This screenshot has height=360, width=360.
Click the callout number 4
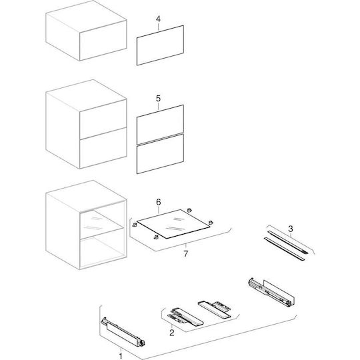click(x=158, y=19)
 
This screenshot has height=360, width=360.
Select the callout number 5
click(x=158, y=99)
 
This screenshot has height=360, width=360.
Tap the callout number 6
click(x=159, y=202)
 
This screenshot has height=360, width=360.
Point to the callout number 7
click(x=186, y=254)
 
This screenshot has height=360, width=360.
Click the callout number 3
click(x=291, y=229)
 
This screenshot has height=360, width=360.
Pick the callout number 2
click(x=172, y=333)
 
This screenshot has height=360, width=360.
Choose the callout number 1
click(x=121, y=356)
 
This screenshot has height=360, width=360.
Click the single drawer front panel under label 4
click(x=160, y=45)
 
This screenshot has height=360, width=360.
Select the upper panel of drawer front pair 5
click(x=160, y=125)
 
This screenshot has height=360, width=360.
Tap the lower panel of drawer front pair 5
click(x=160, y=154)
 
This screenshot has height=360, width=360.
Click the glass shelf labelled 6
click(x=173, y=224)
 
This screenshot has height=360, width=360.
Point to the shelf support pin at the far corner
click(x=189, y=210)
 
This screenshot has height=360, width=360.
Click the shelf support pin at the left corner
click(x=135, y=225)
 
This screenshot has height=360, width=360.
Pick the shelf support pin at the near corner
click(x=156, y=237)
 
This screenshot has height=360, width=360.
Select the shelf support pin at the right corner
click(x=210, y=222)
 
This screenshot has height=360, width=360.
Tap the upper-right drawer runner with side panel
click(x=271, y=292)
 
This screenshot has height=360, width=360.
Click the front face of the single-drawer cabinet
click(x=103, y=41)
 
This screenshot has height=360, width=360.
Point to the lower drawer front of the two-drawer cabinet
click(x=103, y=148)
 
